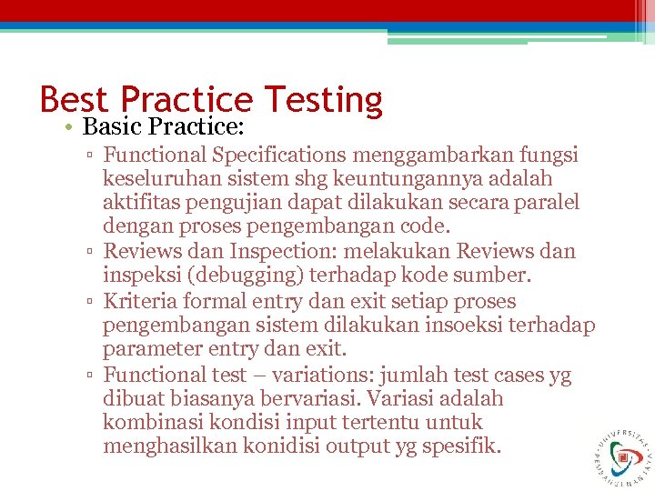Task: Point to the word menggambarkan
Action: (x=405, y=155)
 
